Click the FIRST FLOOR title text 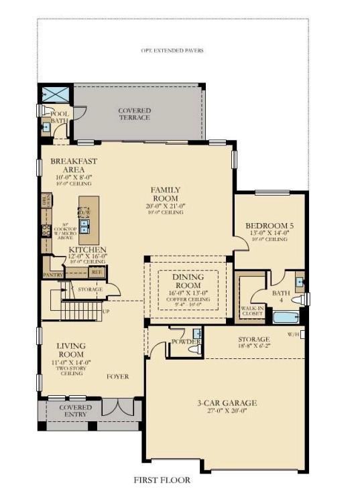[x=161, y=480]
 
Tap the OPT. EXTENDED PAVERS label [x=172, y=50]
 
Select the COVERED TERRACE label [x=134, y=114]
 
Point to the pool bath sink [x=46, y=126]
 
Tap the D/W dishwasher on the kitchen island [x=84, y=213]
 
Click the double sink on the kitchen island [x=85, y=227]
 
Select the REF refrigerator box [x=97, y=271]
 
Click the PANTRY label [x=52, y=275]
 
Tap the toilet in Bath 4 [x=298, y=299]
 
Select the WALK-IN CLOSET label [x=251, y=309]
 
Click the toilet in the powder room [x=194, y=348]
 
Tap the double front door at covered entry [x=118, y=408]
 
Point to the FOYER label [x=117, y=376]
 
